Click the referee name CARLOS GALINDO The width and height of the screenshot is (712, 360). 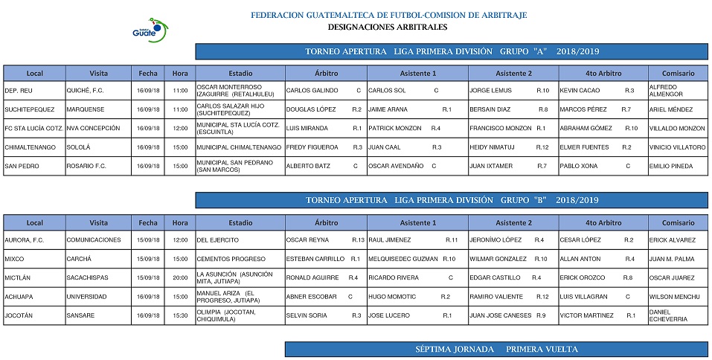coord(312,91)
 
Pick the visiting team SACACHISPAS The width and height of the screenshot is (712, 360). coord(87,277)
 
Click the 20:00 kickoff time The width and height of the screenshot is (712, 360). coord(180,277)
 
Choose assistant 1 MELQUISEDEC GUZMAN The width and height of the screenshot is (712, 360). coord(402,259)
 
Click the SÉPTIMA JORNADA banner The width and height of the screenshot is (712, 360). coord(496,349)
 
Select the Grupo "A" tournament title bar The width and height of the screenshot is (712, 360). coord(452,51)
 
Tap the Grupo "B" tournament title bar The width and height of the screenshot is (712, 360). coord(452,200)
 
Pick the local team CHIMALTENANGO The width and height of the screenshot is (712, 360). coord(31,147)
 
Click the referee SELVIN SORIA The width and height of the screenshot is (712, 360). coord(307,315)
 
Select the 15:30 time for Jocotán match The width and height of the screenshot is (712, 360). coord(180,315)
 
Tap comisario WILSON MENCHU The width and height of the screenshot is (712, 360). coord(675,297)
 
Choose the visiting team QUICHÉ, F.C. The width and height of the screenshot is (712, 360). coord(86,91)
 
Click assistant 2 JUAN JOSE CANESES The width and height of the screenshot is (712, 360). coord(501,315)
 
